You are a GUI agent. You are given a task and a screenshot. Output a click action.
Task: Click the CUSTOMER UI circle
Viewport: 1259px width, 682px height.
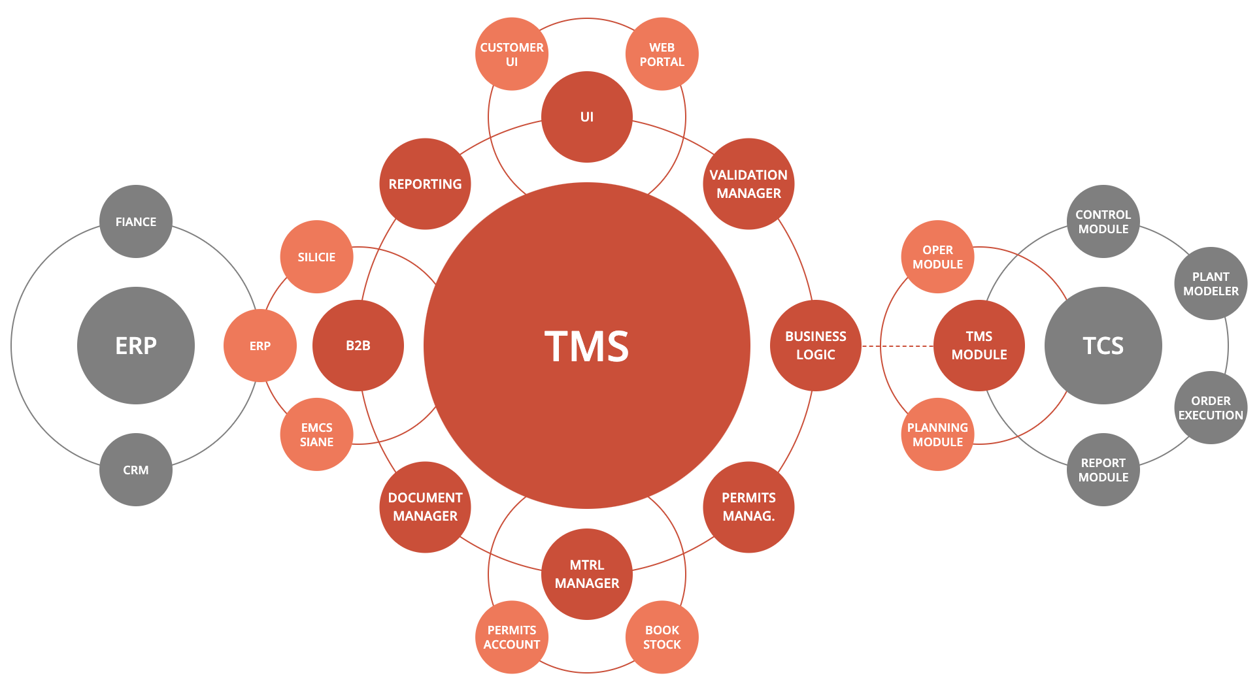point(512,54)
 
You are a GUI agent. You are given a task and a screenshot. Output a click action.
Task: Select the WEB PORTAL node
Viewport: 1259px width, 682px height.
point(662,54)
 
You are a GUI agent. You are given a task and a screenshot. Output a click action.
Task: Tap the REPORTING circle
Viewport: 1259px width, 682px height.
point(425,184)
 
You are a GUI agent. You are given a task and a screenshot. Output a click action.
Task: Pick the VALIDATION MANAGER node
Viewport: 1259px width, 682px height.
point(748,184)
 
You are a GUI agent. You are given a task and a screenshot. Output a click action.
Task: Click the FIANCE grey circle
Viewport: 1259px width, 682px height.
point(136,221)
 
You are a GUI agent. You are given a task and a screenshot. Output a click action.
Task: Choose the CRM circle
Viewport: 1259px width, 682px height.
point(136,470)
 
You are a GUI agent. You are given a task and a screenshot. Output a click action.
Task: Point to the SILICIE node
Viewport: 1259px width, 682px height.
point(316,257)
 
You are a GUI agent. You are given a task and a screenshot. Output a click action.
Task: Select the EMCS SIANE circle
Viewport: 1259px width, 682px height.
point(316,434)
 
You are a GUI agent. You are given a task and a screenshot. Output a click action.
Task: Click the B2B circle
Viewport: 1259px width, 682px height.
point(358,346)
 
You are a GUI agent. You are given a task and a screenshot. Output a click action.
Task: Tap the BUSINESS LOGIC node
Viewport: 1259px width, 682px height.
point(816,346)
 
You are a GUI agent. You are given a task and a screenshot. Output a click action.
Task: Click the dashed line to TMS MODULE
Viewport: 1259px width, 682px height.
point(898,346)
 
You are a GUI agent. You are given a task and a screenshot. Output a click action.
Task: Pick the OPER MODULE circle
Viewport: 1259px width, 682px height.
point(937,257)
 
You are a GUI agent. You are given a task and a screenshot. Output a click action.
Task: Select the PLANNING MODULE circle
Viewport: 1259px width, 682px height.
point(937,434)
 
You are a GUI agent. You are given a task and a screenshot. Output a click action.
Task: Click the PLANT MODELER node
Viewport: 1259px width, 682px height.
point(1211,284)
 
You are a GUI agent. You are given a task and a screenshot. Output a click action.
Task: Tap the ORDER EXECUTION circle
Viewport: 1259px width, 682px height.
point(1211,408)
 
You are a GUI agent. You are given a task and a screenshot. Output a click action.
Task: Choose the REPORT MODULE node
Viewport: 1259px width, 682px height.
point(1103,470)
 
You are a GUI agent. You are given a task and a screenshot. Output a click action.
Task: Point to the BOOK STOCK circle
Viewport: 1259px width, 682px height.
point(662,637)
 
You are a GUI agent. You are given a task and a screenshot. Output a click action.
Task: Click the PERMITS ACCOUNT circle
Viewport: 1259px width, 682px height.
point(512,637)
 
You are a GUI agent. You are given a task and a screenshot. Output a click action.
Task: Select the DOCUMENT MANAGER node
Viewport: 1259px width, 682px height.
point(425,507)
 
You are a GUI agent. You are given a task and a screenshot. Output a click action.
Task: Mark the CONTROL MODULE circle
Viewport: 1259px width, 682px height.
point(1103,221)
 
